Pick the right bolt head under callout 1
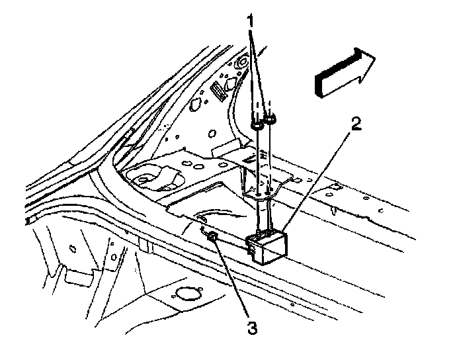[x=270, y=119]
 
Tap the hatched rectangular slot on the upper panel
[x=216, y=89]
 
